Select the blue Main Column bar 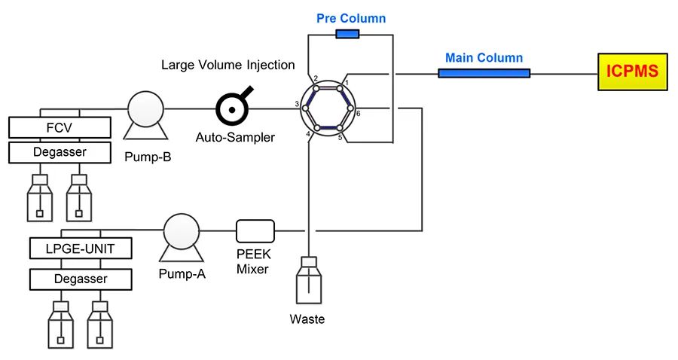[484, 73]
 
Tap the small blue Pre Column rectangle [347, 34]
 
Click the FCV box [59, 127]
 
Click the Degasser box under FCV [59, 152]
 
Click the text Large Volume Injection [228, 65]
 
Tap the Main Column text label [484, 57]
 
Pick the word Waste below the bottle [307, 319]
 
